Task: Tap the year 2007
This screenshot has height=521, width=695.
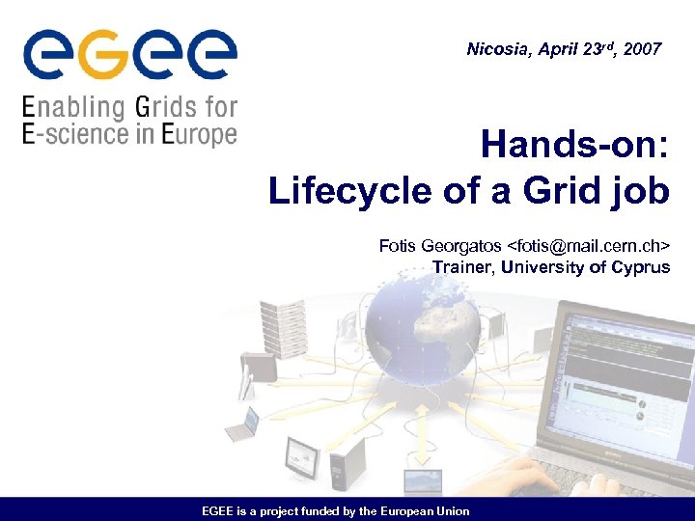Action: pos(643,48)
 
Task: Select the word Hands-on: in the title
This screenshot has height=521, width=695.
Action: pos(574,147)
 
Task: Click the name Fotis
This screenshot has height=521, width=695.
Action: pos(399,247)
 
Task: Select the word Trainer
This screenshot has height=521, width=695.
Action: pos(462,267)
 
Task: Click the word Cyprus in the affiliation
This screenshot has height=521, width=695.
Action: pos(640,267)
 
